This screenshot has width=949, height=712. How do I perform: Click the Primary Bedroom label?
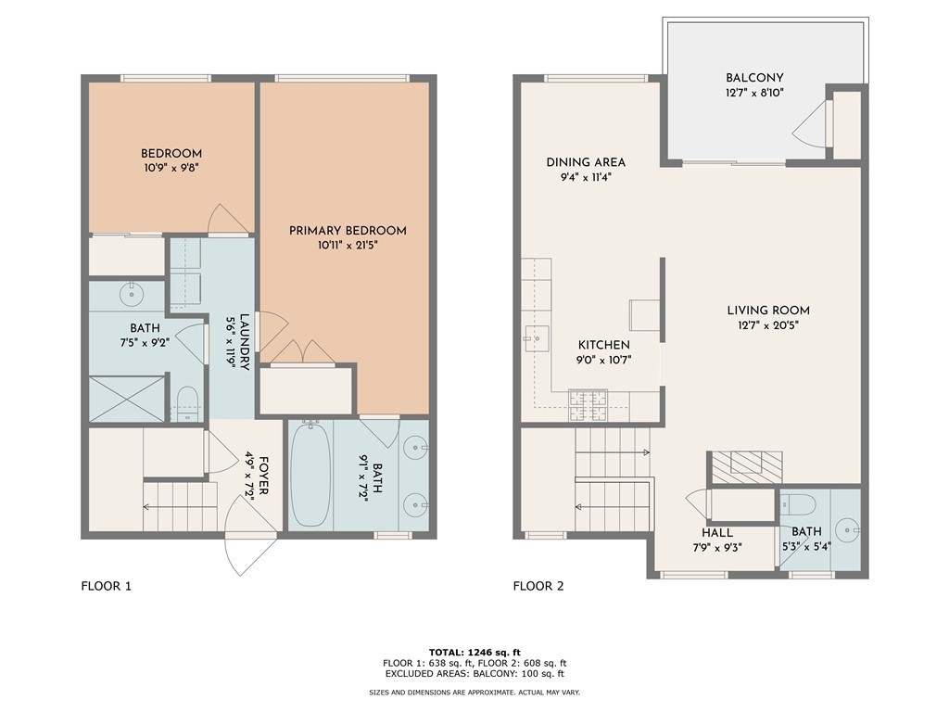tap(348, 231)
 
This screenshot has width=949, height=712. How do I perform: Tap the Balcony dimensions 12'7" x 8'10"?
tap(754, 94)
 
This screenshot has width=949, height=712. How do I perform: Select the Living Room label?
tap(768, 311)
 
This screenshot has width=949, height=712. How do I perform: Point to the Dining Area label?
tap(586, 162)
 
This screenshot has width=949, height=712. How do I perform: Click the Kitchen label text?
tap(604, 345)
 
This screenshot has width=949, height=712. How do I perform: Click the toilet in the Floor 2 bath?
tap(797, 503)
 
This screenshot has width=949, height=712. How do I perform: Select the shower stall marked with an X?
tap(127, 399)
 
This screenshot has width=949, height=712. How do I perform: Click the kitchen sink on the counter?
tap(536, 338)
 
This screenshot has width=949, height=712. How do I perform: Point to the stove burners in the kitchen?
tap(588, 406)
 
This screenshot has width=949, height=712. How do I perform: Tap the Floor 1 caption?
tap(106, 586)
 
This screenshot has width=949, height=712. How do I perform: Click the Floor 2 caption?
tap(538, 586)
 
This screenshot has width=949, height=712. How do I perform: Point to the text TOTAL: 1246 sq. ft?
tap(474, 653)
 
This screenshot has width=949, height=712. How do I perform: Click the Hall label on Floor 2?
tap(717, 533)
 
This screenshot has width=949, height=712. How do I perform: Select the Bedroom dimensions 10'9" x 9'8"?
tap(171, 169)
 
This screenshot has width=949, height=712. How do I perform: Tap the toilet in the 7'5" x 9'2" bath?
tap(188, 403)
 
